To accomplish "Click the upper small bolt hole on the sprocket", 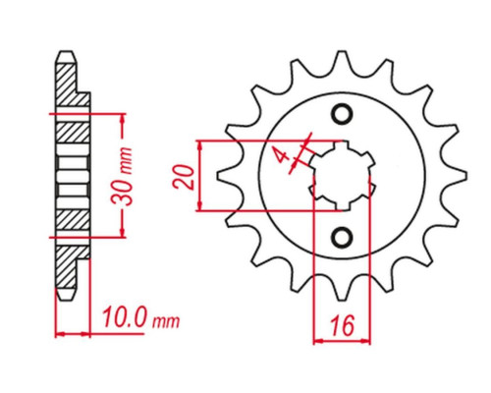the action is coord(343,114).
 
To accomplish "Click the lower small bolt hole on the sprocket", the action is coord(343,236).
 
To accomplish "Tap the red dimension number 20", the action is coord(184,177).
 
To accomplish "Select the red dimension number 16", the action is coord(343,325).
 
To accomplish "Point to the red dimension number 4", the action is coord(281,155).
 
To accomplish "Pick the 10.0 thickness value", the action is coord(124,317).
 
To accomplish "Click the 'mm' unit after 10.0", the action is coord(166,322).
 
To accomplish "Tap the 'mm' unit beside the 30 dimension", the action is coord(126,161).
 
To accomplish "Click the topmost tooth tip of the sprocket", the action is coord(343,51).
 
